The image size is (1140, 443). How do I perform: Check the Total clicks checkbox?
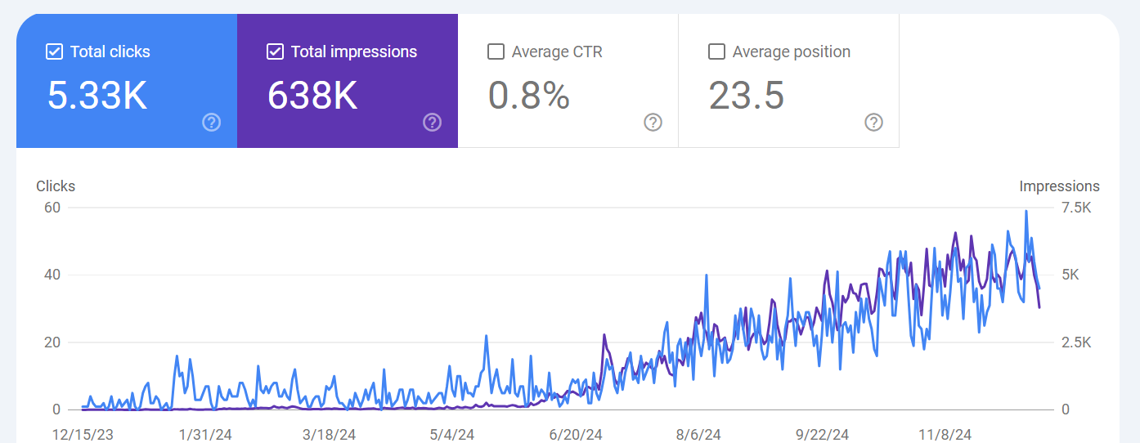54,52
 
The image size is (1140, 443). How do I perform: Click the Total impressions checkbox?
275,52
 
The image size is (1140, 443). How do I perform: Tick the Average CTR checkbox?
496,52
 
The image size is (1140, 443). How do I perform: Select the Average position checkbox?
716,52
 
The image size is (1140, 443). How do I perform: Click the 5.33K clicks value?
97,96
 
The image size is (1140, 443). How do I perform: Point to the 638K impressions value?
312,96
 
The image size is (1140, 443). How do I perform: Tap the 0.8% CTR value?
529,96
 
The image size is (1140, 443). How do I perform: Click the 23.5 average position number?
747,96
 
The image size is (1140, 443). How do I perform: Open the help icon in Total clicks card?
212,123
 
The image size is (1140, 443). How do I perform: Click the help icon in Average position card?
874,123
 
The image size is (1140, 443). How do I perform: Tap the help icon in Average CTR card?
653,123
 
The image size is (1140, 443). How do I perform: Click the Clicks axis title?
56,186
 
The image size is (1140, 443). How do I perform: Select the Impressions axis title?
1059,186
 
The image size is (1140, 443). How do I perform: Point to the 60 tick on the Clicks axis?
52,208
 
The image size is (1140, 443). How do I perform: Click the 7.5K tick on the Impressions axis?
1075,208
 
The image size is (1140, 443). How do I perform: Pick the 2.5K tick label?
1075,342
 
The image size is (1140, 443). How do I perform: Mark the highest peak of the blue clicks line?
1026,211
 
